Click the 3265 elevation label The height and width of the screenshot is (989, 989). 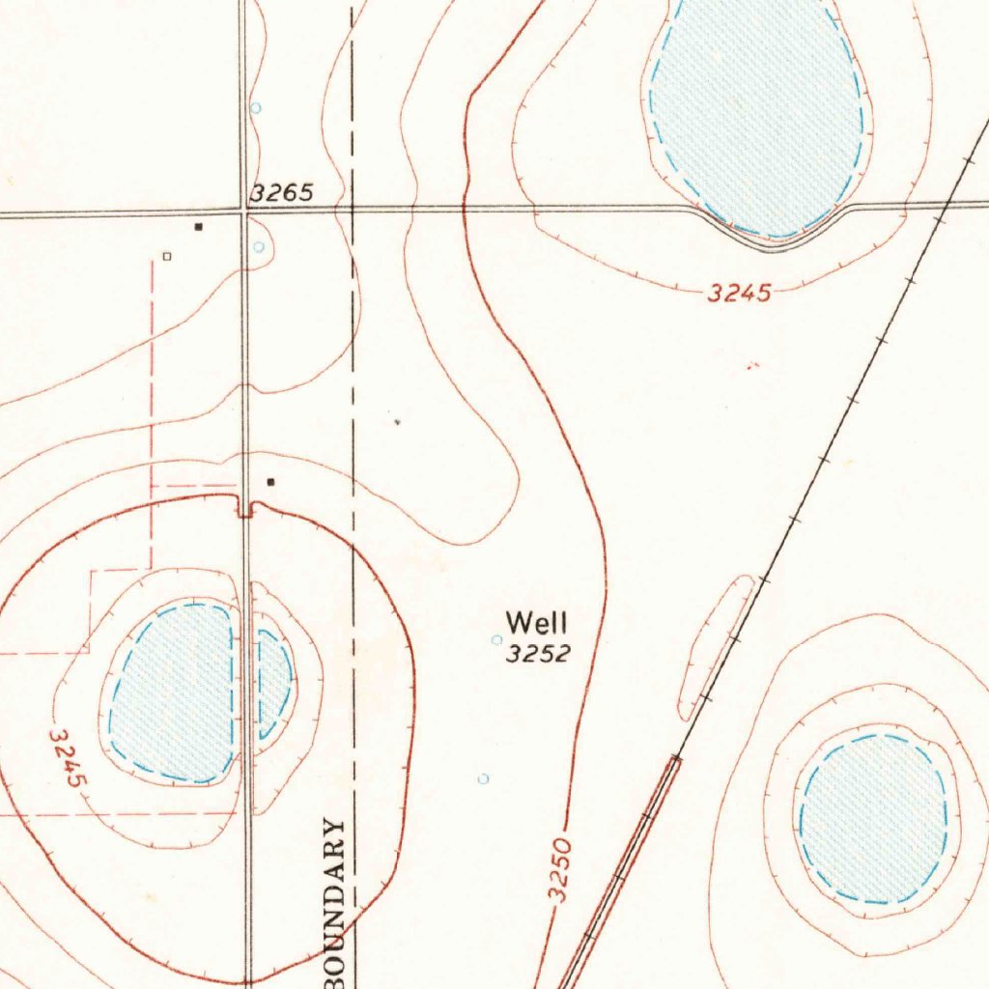(282, 193)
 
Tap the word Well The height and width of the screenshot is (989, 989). (537, 622)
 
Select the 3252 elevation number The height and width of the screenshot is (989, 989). (539, 655)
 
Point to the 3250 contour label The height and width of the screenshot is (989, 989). (560, 871)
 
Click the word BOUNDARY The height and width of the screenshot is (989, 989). (334, 898)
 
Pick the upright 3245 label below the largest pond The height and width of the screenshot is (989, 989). (740, 294)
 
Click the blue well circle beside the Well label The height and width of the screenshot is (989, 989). (497, 639)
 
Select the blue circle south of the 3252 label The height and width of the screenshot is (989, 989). (484, 778)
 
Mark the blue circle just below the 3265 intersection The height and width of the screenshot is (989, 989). (259, 247)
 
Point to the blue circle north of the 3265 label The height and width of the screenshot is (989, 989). (256, 108)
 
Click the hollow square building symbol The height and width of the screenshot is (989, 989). (166, 257)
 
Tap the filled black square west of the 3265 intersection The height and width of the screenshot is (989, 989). (198, 227)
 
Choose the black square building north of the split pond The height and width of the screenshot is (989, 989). (271, 481)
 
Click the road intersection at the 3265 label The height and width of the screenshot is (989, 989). (244, 212)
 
